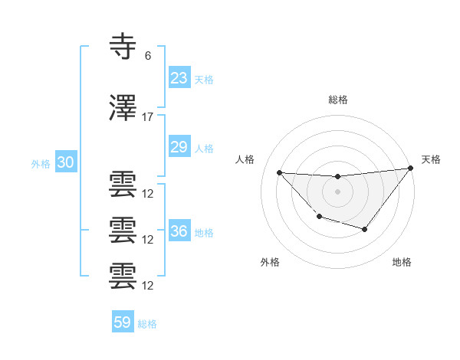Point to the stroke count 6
[x=148, y=55]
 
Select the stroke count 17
[x=148, y=117]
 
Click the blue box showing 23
[x=179, y=78]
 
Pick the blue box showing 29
[x=179, y=147]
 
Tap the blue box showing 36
[x=179, y=231]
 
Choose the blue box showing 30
[x=65, y=162]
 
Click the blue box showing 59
[x=122, y=322]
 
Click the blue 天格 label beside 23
[x=204, y=79]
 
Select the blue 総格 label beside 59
[x=147, y=324]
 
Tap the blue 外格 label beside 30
[x=41, y=163]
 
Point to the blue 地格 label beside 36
[x=204, y=233]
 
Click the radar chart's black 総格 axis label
[x=337, y=100]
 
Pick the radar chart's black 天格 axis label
[x=431, y=159]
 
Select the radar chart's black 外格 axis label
[x=270, y=262]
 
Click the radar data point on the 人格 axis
[x=279, y=172]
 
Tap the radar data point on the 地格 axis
[x=365, y=229]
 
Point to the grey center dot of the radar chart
[x=337, y=191]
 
